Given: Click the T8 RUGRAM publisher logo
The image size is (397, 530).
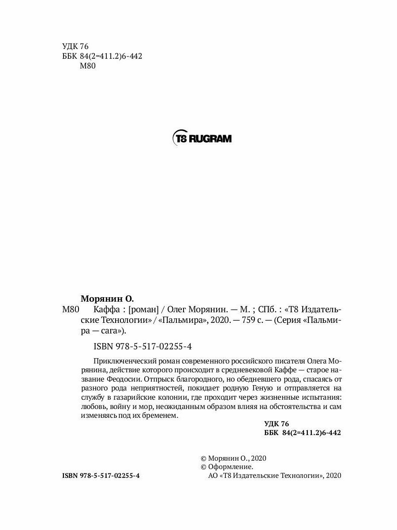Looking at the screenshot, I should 201,139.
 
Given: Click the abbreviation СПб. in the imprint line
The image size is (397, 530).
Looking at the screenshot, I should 258,309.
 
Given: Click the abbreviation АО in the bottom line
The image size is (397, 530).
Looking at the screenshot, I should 212,476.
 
